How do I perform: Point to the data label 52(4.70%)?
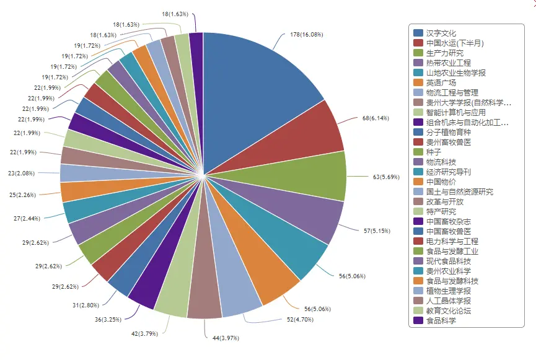point(300,320)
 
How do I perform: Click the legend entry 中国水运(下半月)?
point(454,43)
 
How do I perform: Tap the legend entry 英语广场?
point(441,82)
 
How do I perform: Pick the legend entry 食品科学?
point(441,320)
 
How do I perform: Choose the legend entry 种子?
point(433,152)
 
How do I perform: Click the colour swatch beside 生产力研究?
point(418,53)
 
